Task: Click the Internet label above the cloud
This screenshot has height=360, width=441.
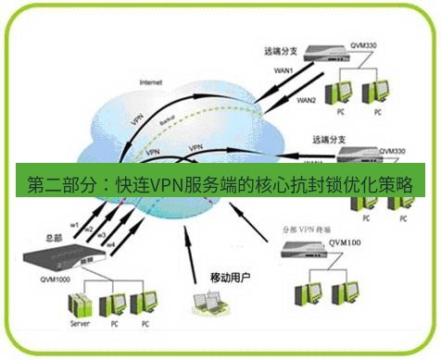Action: pos(151,81)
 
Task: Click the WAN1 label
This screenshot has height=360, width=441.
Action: pos(284,70)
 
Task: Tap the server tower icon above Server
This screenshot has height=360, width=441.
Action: pos(81,305)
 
